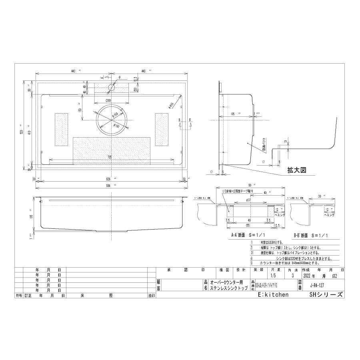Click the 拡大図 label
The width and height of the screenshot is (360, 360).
[x=296, y=170]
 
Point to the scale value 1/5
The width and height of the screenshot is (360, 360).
[x=273, y=276]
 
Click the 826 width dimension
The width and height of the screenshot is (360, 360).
[x=109, y=178]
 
